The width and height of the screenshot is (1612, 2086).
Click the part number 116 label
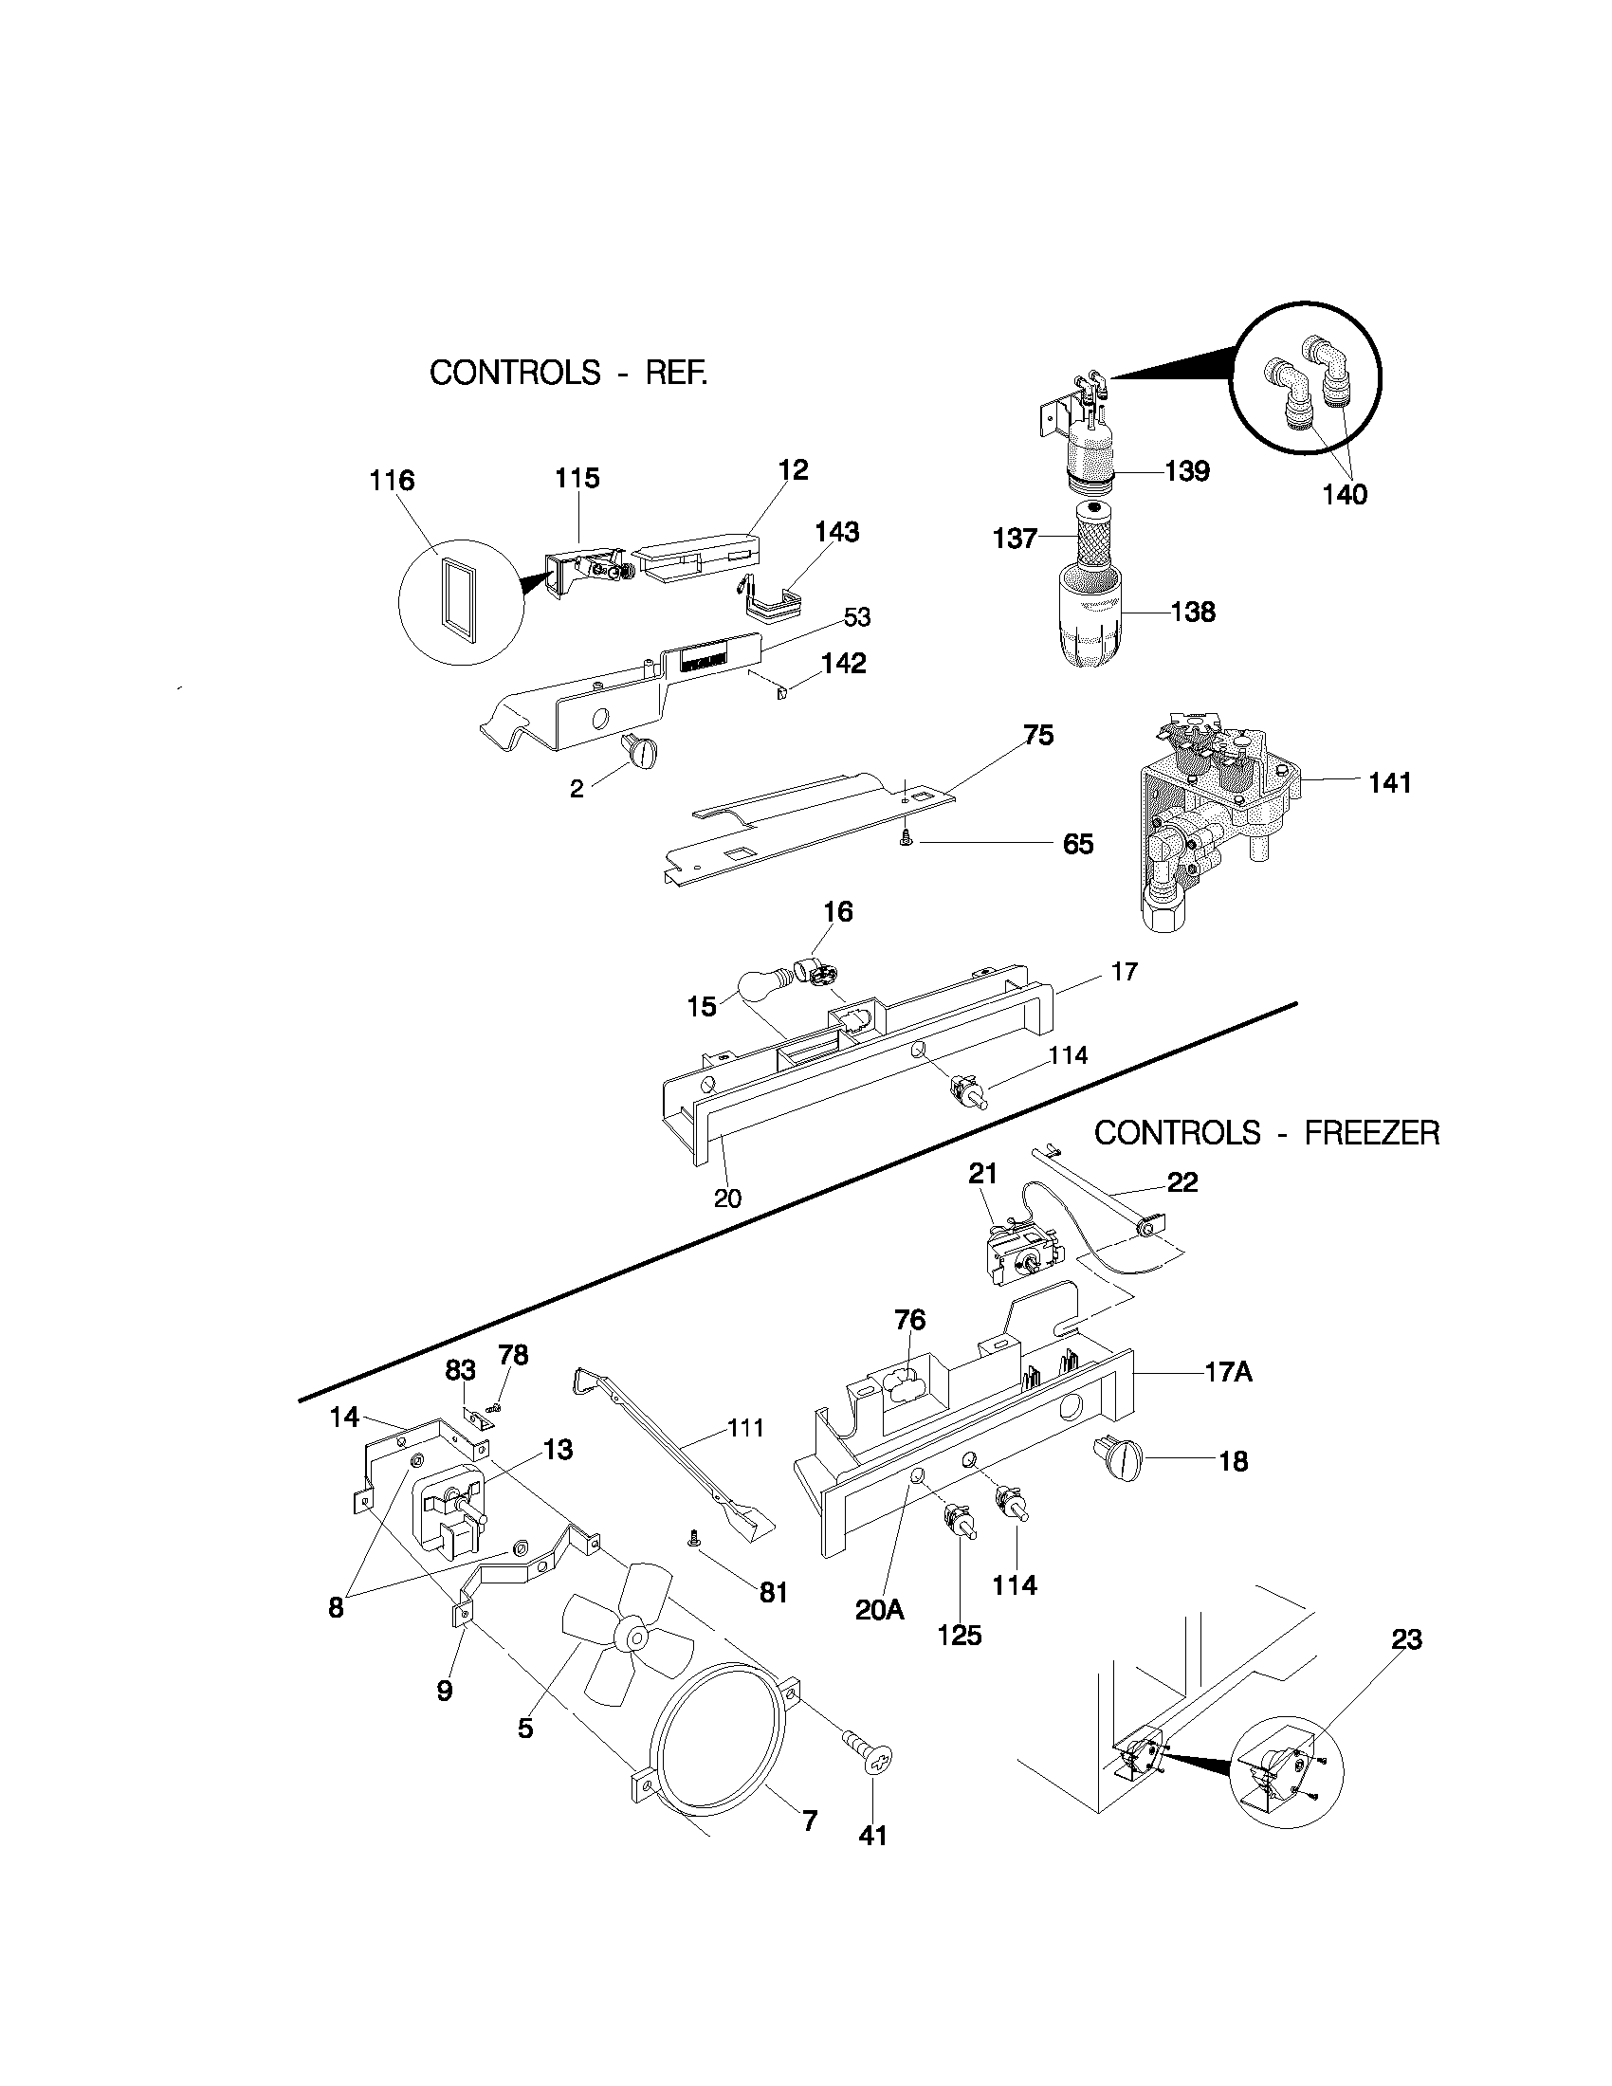392,481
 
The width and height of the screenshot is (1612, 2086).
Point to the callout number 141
1389,783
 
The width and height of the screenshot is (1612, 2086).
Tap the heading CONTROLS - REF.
568,373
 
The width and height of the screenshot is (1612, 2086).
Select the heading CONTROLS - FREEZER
1266,1134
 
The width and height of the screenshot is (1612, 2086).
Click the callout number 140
1345,495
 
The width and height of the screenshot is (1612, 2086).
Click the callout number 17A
1228,1374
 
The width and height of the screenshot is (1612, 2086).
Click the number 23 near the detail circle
1406,1640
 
